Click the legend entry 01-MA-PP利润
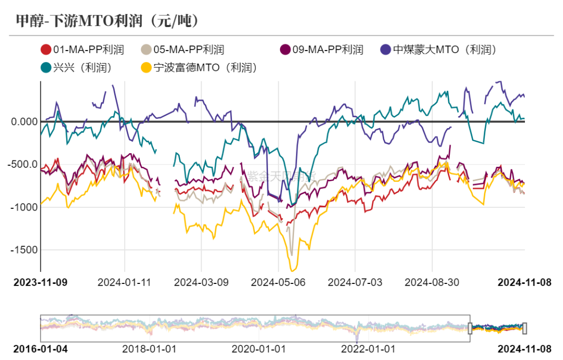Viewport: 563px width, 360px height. (82, 50)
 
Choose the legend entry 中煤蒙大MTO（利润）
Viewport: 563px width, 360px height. (437, 50)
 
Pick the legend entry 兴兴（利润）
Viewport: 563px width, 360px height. (76, 67)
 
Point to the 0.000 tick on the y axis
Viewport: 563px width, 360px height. (24, 121)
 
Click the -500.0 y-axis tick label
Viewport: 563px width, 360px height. (23, 165)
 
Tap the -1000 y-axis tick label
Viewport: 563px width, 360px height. (25, 207)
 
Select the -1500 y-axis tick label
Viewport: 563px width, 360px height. (25, 250)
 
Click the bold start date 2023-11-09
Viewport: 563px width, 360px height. (40, 282)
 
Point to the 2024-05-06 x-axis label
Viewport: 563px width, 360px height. (278, 282)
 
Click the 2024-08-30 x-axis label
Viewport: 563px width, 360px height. (432, 282)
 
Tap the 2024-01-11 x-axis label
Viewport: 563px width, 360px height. (124, 282)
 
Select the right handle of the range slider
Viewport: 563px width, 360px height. (524, 328)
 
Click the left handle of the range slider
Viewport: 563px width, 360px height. (470, 328)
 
